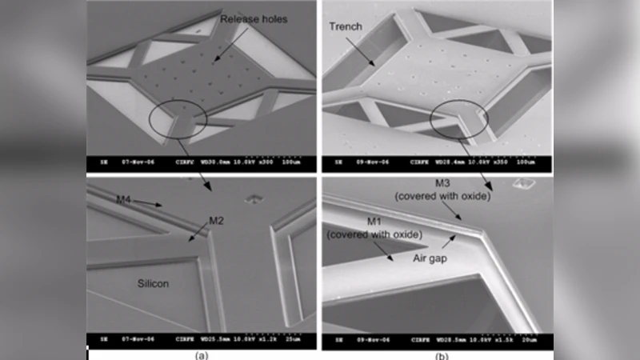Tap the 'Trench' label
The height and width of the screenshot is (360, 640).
point(345,26)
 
